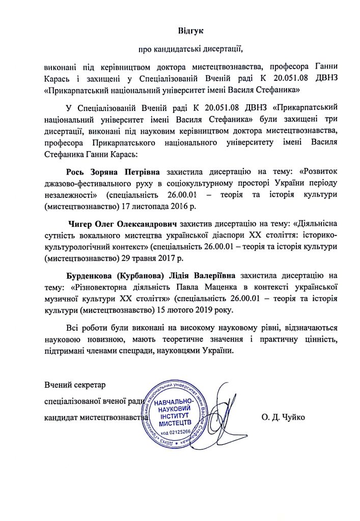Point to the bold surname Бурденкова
90,277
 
